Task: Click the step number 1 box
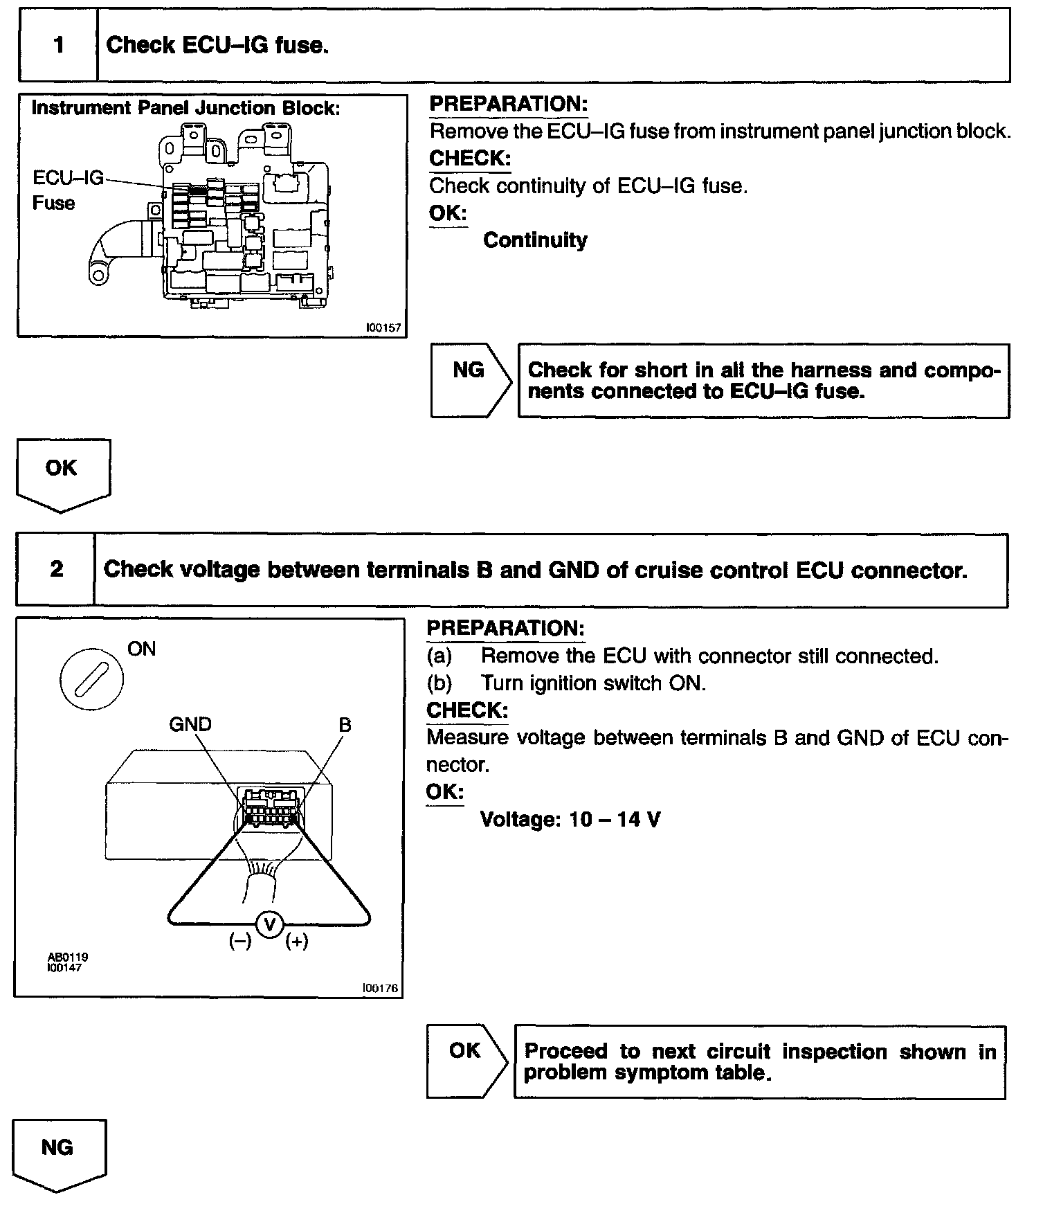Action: [58, 46]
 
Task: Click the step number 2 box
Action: [56, 569]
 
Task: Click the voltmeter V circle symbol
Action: [270, 924]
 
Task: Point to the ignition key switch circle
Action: [92, 679]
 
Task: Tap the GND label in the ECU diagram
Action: [190, 725]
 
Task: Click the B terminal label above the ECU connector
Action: [345, 725]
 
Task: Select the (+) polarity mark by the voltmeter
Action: [297, 942]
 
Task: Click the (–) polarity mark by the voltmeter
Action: [240, 942]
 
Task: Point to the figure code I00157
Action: [383, 327]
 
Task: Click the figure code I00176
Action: [381, 988]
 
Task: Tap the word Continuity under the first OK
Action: [535, 240]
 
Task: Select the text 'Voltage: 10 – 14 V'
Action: [570, 820]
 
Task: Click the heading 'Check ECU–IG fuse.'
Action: [217, 46]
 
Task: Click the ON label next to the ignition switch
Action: [142, 649]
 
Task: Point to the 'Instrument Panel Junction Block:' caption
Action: [185, 108]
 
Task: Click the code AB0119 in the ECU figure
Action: [68, 957]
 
